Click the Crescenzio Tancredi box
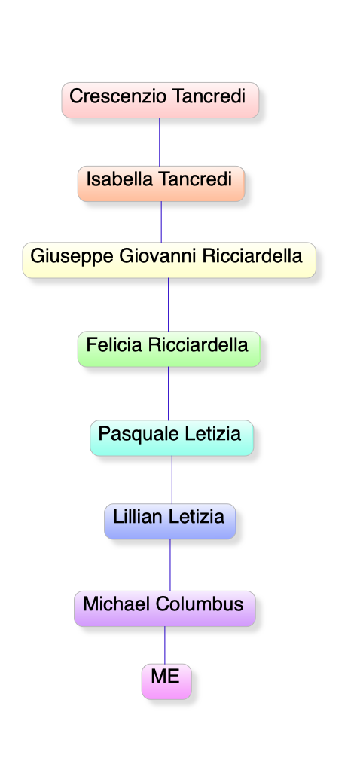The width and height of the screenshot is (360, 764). pos(160,100)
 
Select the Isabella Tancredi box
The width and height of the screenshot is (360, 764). pos(160,184)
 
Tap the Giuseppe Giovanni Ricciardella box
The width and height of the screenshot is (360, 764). pos(169,260)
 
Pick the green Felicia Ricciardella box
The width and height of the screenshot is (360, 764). pos(169,349)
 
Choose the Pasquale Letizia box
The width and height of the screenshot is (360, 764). pos(172,438)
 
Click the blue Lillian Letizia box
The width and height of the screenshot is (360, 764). pos(170,521)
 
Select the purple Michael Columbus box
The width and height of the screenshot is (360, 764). pos(165,609)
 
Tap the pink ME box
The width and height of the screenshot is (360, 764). pos(166,681)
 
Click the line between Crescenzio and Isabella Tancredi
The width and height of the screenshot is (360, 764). pos(160,142)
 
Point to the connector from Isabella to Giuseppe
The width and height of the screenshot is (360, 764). pos(161,222)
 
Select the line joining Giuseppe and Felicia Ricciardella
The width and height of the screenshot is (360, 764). pos(169,304)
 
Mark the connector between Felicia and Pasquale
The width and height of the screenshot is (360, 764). pos(169,393)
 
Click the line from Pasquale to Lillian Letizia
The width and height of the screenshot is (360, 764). pos(172,480)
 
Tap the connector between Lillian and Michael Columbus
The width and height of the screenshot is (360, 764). pos(170,565)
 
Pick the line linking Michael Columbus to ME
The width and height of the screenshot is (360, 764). pos(165,645)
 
